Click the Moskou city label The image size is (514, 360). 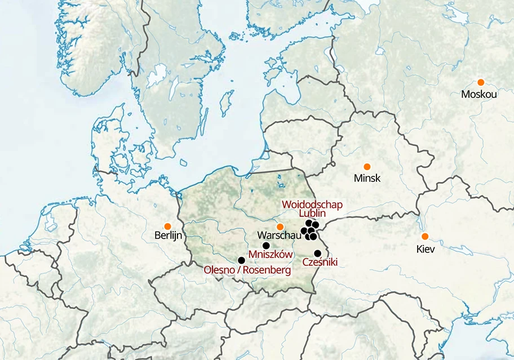[x=478, y=94]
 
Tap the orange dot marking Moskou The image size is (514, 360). [x=481, y=82]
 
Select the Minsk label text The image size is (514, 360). [x=367, y=179]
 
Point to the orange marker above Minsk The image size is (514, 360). [x=367, y=167]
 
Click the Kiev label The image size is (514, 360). [x=426, y=248]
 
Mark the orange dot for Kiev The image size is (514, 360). [x=425, y=236]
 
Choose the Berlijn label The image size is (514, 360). [x=168, y=235]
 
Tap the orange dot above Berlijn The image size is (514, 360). [x=167, y=226]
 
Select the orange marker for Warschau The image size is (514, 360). [x=280, y=226]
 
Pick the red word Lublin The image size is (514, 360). [x=312, y=214]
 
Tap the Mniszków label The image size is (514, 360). [x=271, y=254]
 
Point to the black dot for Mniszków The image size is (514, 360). [x=266, y=246]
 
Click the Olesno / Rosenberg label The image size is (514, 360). [x=247, y=270]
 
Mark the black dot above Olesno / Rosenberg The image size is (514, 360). [x=241, y=260]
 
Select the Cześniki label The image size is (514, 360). [x=320, y=262]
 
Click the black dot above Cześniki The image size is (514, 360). [x=318, y=253]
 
